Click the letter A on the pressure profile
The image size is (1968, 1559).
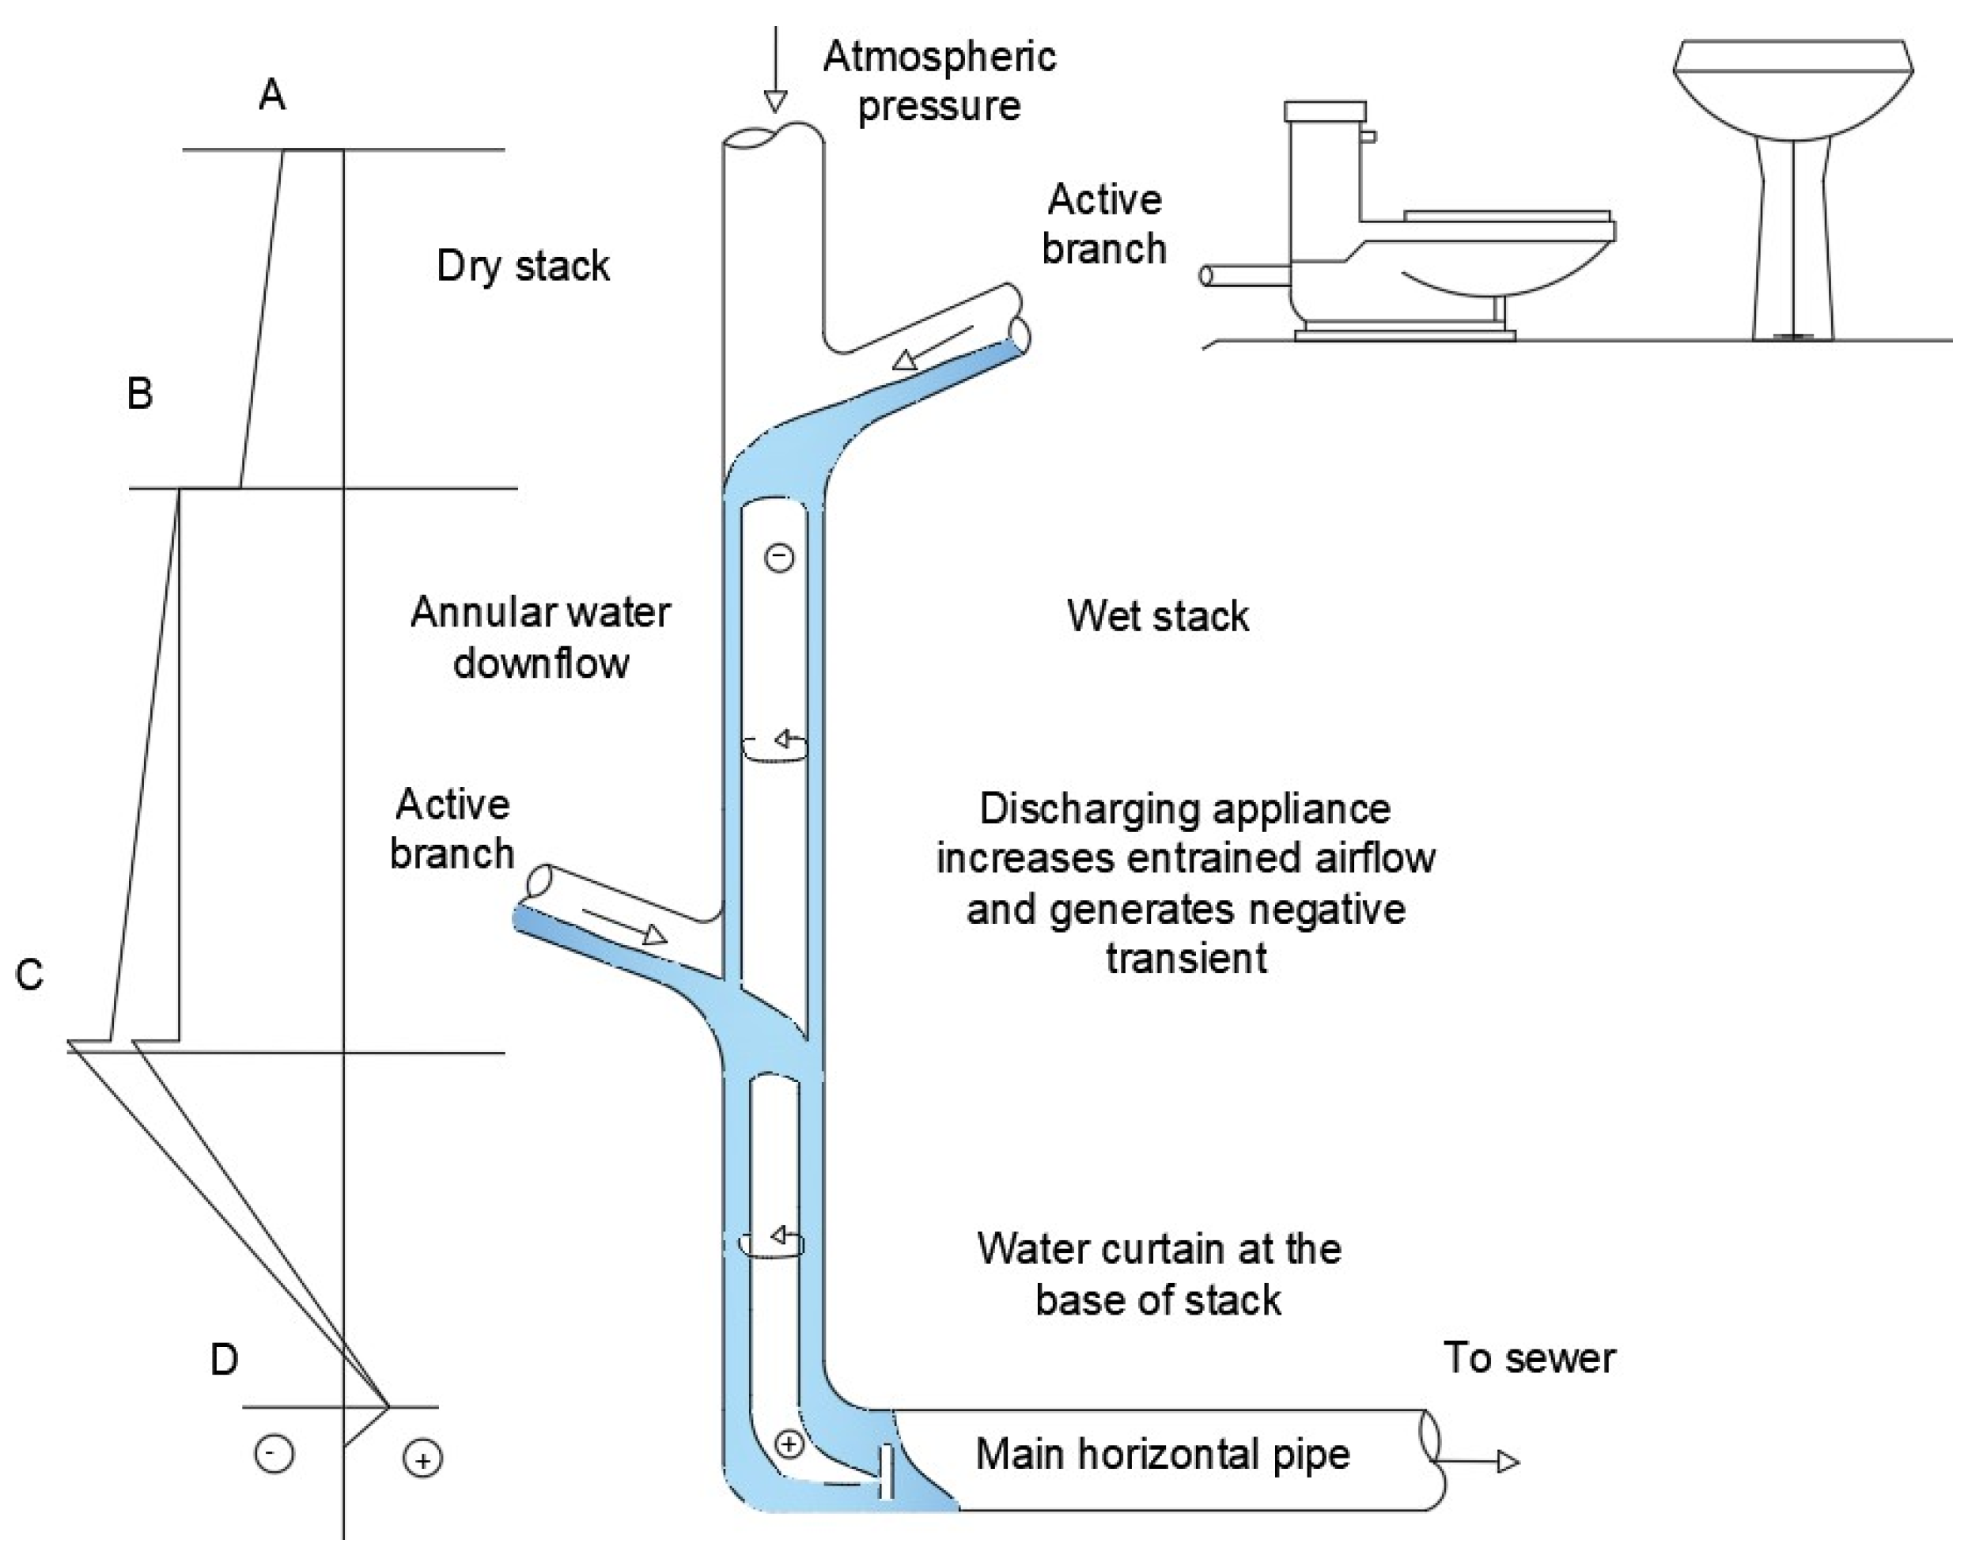272,95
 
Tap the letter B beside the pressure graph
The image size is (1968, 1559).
140,395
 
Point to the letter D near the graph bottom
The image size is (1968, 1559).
225,1360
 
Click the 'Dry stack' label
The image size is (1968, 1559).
523,267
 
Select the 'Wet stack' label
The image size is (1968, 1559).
1157,617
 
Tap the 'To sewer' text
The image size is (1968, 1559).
1529,1358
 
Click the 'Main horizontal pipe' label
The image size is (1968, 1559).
1162,1454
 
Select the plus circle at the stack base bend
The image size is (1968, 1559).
789,1444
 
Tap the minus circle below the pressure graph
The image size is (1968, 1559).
274,1454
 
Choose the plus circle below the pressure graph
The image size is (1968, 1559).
422,1460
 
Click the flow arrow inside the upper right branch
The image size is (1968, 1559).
931,347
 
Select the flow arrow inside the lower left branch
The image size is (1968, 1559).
625,924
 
